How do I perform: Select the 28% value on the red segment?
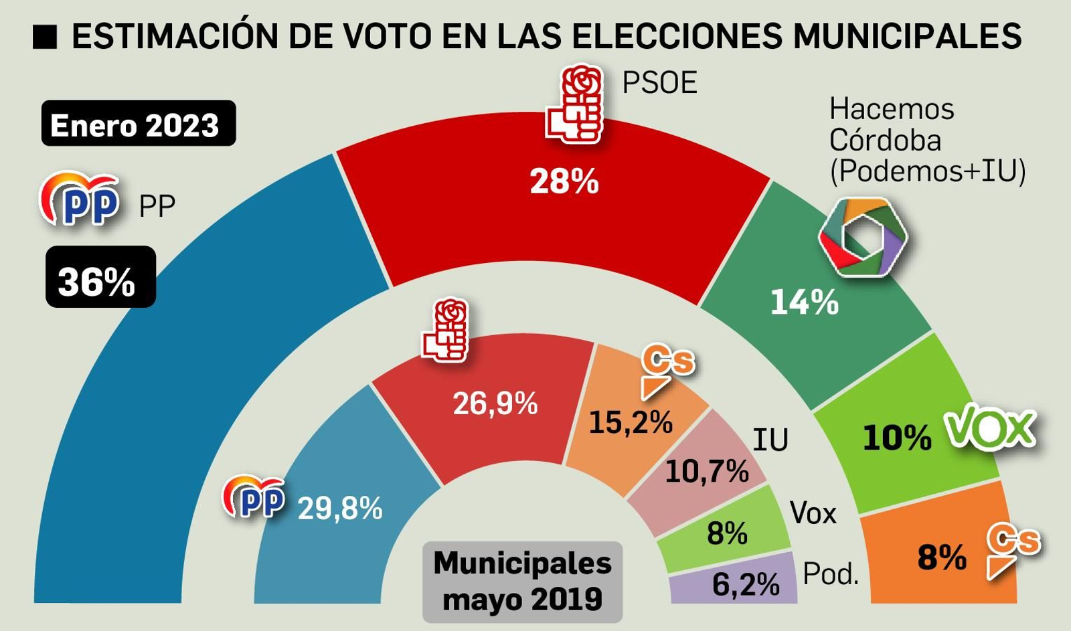(564, 181)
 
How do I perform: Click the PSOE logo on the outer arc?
(575, 105)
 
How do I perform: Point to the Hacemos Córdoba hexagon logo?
(863, 237)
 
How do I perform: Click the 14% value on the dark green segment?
(804, 302)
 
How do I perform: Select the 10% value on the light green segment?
(896, 438)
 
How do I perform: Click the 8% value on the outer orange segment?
(941, 557)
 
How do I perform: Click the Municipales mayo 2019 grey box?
(522, 581)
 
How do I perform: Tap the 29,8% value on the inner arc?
(339, 509)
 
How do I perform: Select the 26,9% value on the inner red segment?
(495, 403)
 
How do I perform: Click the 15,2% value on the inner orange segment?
(630, 422)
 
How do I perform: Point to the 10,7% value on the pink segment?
(706, 472)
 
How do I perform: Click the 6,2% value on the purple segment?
(745, 584)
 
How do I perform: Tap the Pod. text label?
(830, 573)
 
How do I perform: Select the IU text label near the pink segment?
(770, 440)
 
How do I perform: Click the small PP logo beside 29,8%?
(254, 497)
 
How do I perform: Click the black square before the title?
(45, 37)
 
